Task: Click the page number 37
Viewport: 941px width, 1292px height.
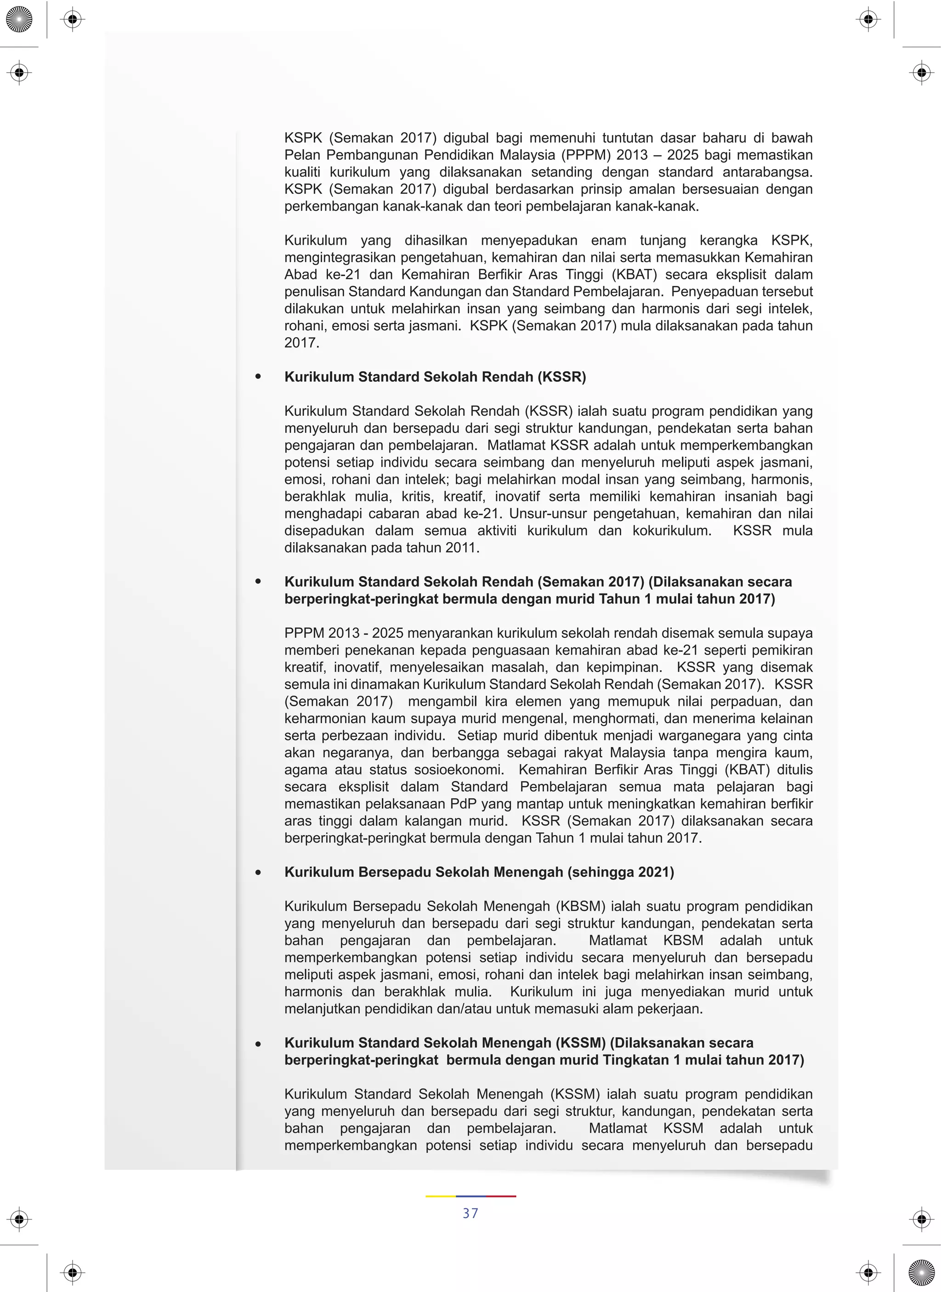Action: [x=470, y=1213]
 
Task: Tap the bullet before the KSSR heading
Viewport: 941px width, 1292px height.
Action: [x=259, y=377]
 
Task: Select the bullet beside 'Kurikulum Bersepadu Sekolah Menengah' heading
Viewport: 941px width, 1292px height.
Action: [x=259, y=872]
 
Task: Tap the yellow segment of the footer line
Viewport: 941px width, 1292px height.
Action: [x=440, y=1196]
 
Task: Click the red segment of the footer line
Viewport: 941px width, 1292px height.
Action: [x=501, y=1196]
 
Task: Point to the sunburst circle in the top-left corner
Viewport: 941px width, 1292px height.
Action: [x=19, y=19]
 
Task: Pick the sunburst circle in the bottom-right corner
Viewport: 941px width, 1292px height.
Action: [x=922, y=1273]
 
